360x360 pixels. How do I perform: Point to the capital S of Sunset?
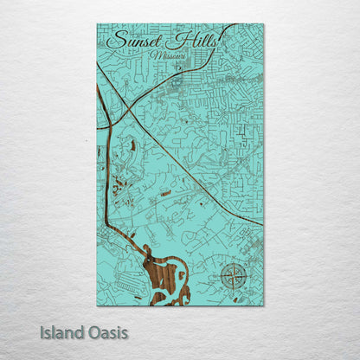pyautogui.click(x=114, y=41)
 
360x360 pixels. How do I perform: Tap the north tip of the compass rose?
pyautogui.click(x=233, y=266)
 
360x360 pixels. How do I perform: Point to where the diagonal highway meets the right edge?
pyautogui.click(x=261, y=223)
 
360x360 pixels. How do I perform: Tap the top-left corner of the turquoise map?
pyautogui.click(x=97, y=24)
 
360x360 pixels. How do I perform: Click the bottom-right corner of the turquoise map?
pyautogui.click(x=263, y=305)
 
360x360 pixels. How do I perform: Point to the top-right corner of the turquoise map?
pyautogui.click(x=263, y=24)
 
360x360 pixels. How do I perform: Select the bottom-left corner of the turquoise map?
pyautogui.click(x=97, y=305)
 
